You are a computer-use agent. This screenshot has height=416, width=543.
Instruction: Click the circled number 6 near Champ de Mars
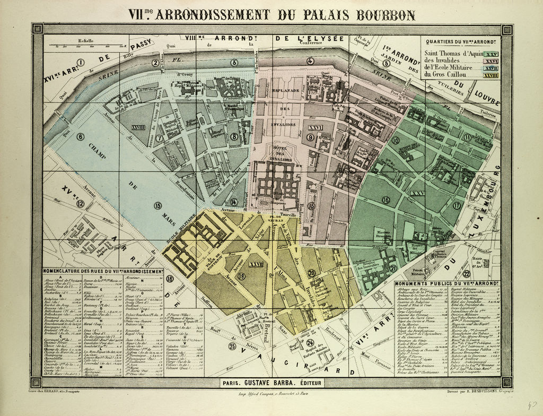point(80,136)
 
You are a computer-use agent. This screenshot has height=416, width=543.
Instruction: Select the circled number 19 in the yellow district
point(242,275)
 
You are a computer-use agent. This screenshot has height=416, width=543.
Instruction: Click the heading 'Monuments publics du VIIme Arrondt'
point(447,284)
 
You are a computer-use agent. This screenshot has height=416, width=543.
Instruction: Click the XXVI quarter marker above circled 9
point(316,127)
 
